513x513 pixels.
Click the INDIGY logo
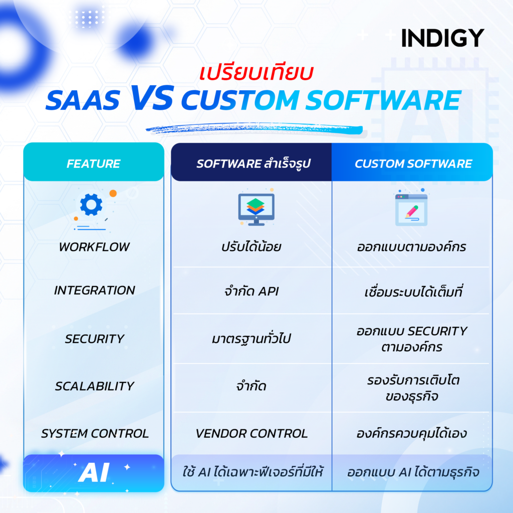pyautogui.click(x=442, y=38)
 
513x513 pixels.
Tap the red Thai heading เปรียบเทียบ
pyautogui.click(x=256, y=73)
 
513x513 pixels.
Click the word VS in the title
pyautogui.click(x=151, y=98)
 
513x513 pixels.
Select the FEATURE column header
pyautogui.click(x=94, y=164)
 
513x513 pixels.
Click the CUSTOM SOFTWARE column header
pyautogui.click(x=413, y=164)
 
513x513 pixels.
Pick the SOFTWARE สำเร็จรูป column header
pyautogui.click(x=253, y=164)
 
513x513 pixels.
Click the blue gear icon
pyautogui.click(x=91, y=204)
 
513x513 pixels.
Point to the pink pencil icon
pyautogui.click(x=412, y=211)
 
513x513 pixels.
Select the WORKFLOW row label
pyautogui.click(x=94, y=247)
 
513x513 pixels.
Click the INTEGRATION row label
pyautogui.click(x=94, y=290)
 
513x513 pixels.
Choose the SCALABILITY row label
pyautogui.click(x=94, y=386)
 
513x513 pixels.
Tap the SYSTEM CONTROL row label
pyautogui.click(x=95, y=433)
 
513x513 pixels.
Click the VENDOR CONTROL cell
pyautogui.click(x=251, y=433)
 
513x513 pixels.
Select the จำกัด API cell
pyautogui.click(x=251, y=291)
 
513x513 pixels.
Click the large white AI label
pyautogui.click(x=94, y=472)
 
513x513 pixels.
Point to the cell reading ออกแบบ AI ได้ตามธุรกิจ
pyautogui.click(x=413, y=472)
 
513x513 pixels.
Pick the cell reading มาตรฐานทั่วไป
pyautogui.click(x=251, y=338)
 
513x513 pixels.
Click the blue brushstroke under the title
pyautogui.click(x=254, y=128)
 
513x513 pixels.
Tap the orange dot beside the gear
pyautogui.click(x=113, y=193)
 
